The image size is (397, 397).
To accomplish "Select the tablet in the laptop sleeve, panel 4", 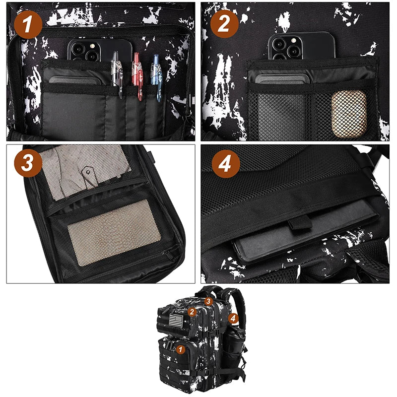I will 298,243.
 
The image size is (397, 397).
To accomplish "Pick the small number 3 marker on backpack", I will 208,301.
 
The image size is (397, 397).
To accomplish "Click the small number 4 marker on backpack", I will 233,317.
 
